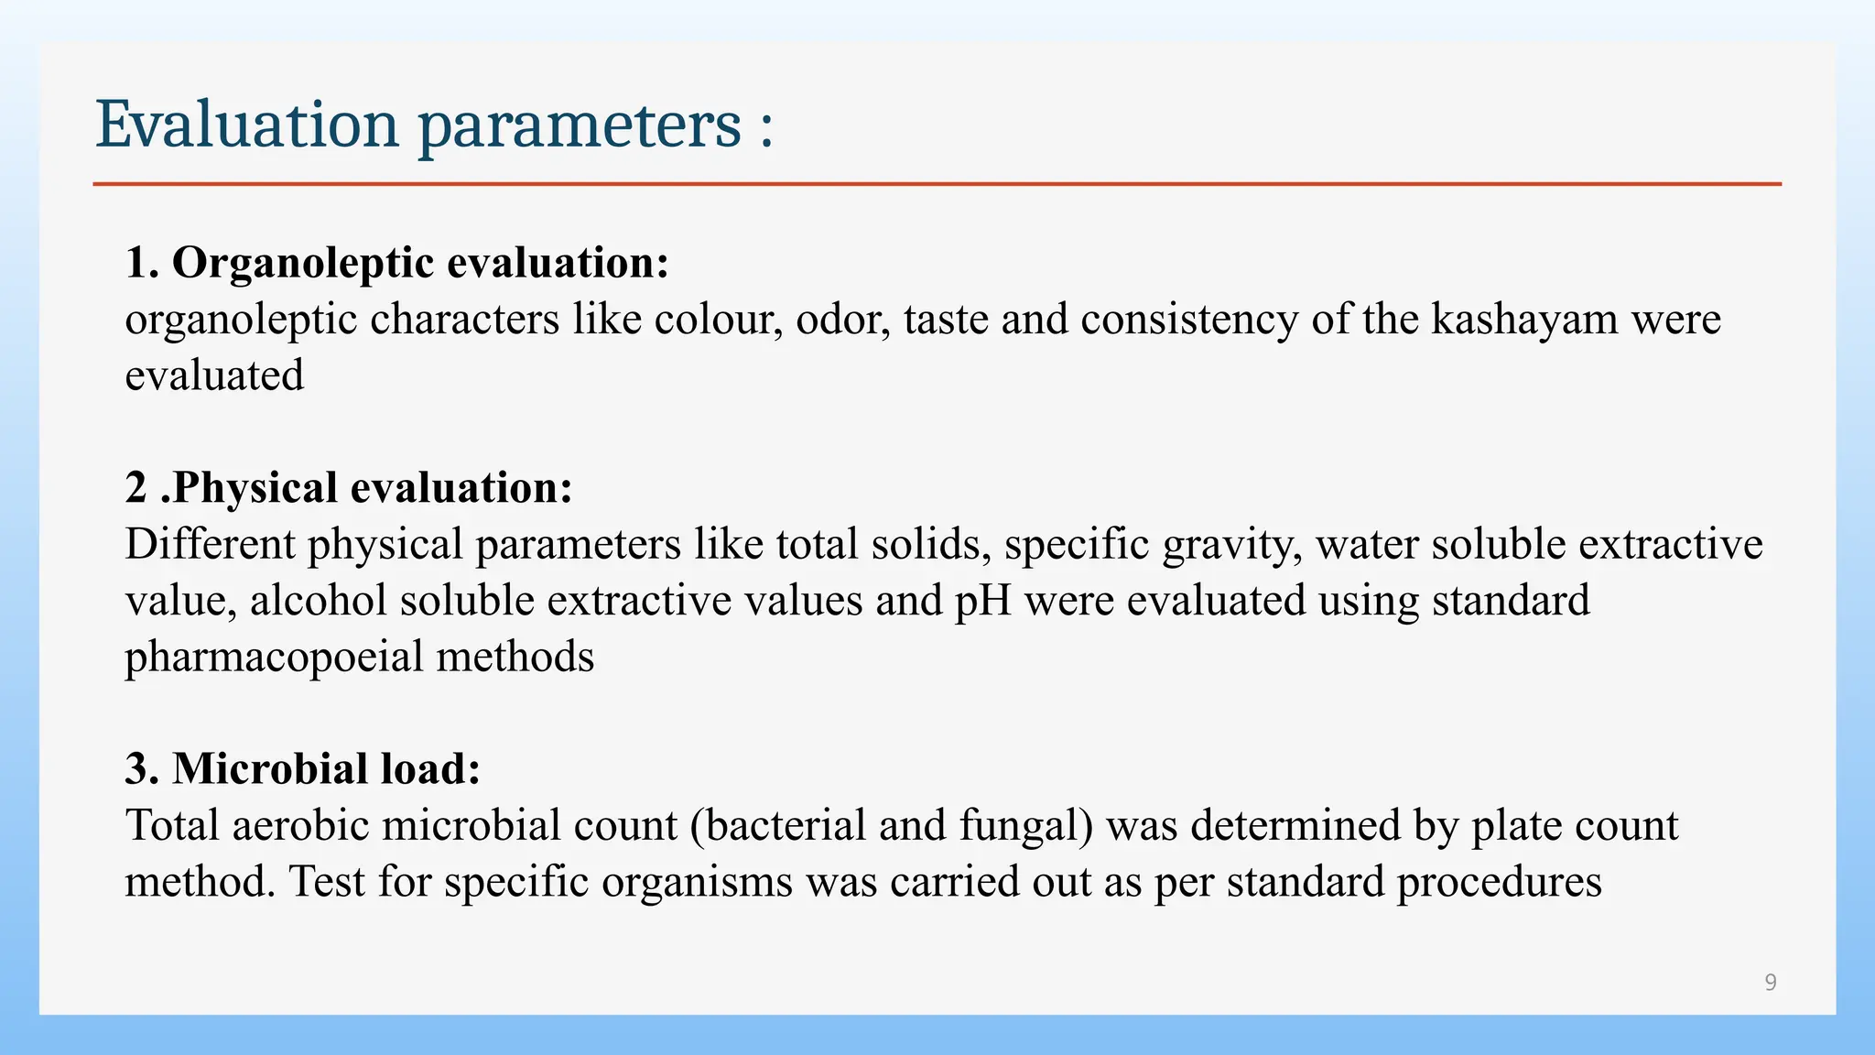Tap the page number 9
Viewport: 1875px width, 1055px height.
[x=1771, y=983]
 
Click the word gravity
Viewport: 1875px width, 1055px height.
[x=1232, y=544]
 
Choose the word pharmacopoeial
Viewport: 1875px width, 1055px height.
[x=274, y=658]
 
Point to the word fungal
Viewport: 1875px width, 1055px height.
[x=1025, y=825]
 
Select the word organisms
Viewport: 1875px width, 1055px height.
[x=697, y=882]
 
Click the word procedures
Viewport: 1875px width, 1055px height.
[x=1499, y=882]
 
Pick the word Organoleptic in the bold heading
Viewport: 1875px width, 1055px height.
[x=303, y=263]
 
